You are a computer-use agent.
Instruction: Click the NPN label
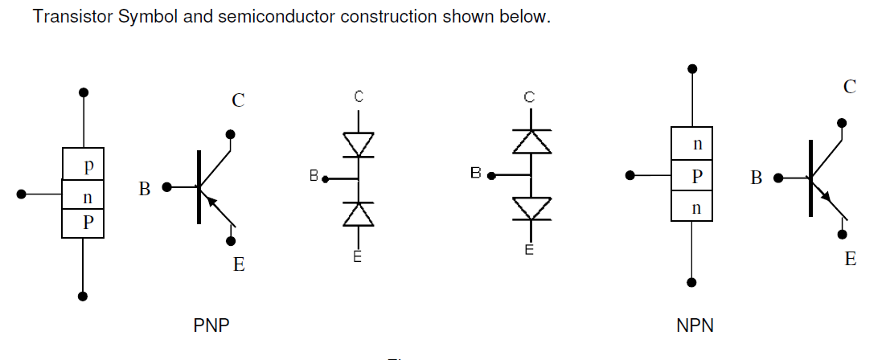[695, 326]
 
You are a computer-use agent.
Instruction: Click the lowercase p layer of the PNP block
[87, 166]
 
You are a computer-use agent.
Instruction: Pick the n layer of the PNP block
[87, 196]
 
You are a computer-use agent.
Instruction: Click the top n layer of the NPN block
[696, 145]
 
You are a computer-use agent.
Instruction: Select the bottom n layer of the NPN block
[696, 207]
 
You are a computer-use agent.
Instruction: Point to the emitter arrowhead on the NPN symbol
[826, 197]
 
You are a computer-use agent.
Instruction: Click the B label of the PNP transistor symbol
[145, 190]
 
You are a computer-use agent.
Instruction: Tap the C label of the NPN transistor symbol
[850, 88]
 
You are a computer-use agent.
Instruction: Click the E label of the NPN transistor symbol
[850, 260]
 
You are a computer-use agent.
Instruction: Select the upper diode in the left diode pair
[359, 145]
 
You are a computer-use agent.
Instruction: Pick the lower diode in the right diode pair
[531, 207]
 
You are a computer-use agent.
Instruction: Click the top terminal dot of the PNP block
[83, 92]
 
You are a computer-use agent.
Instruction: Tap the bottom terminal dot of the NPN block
[691, 282]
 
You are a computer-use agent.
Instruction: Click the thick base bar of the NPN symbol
[810, 177]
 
